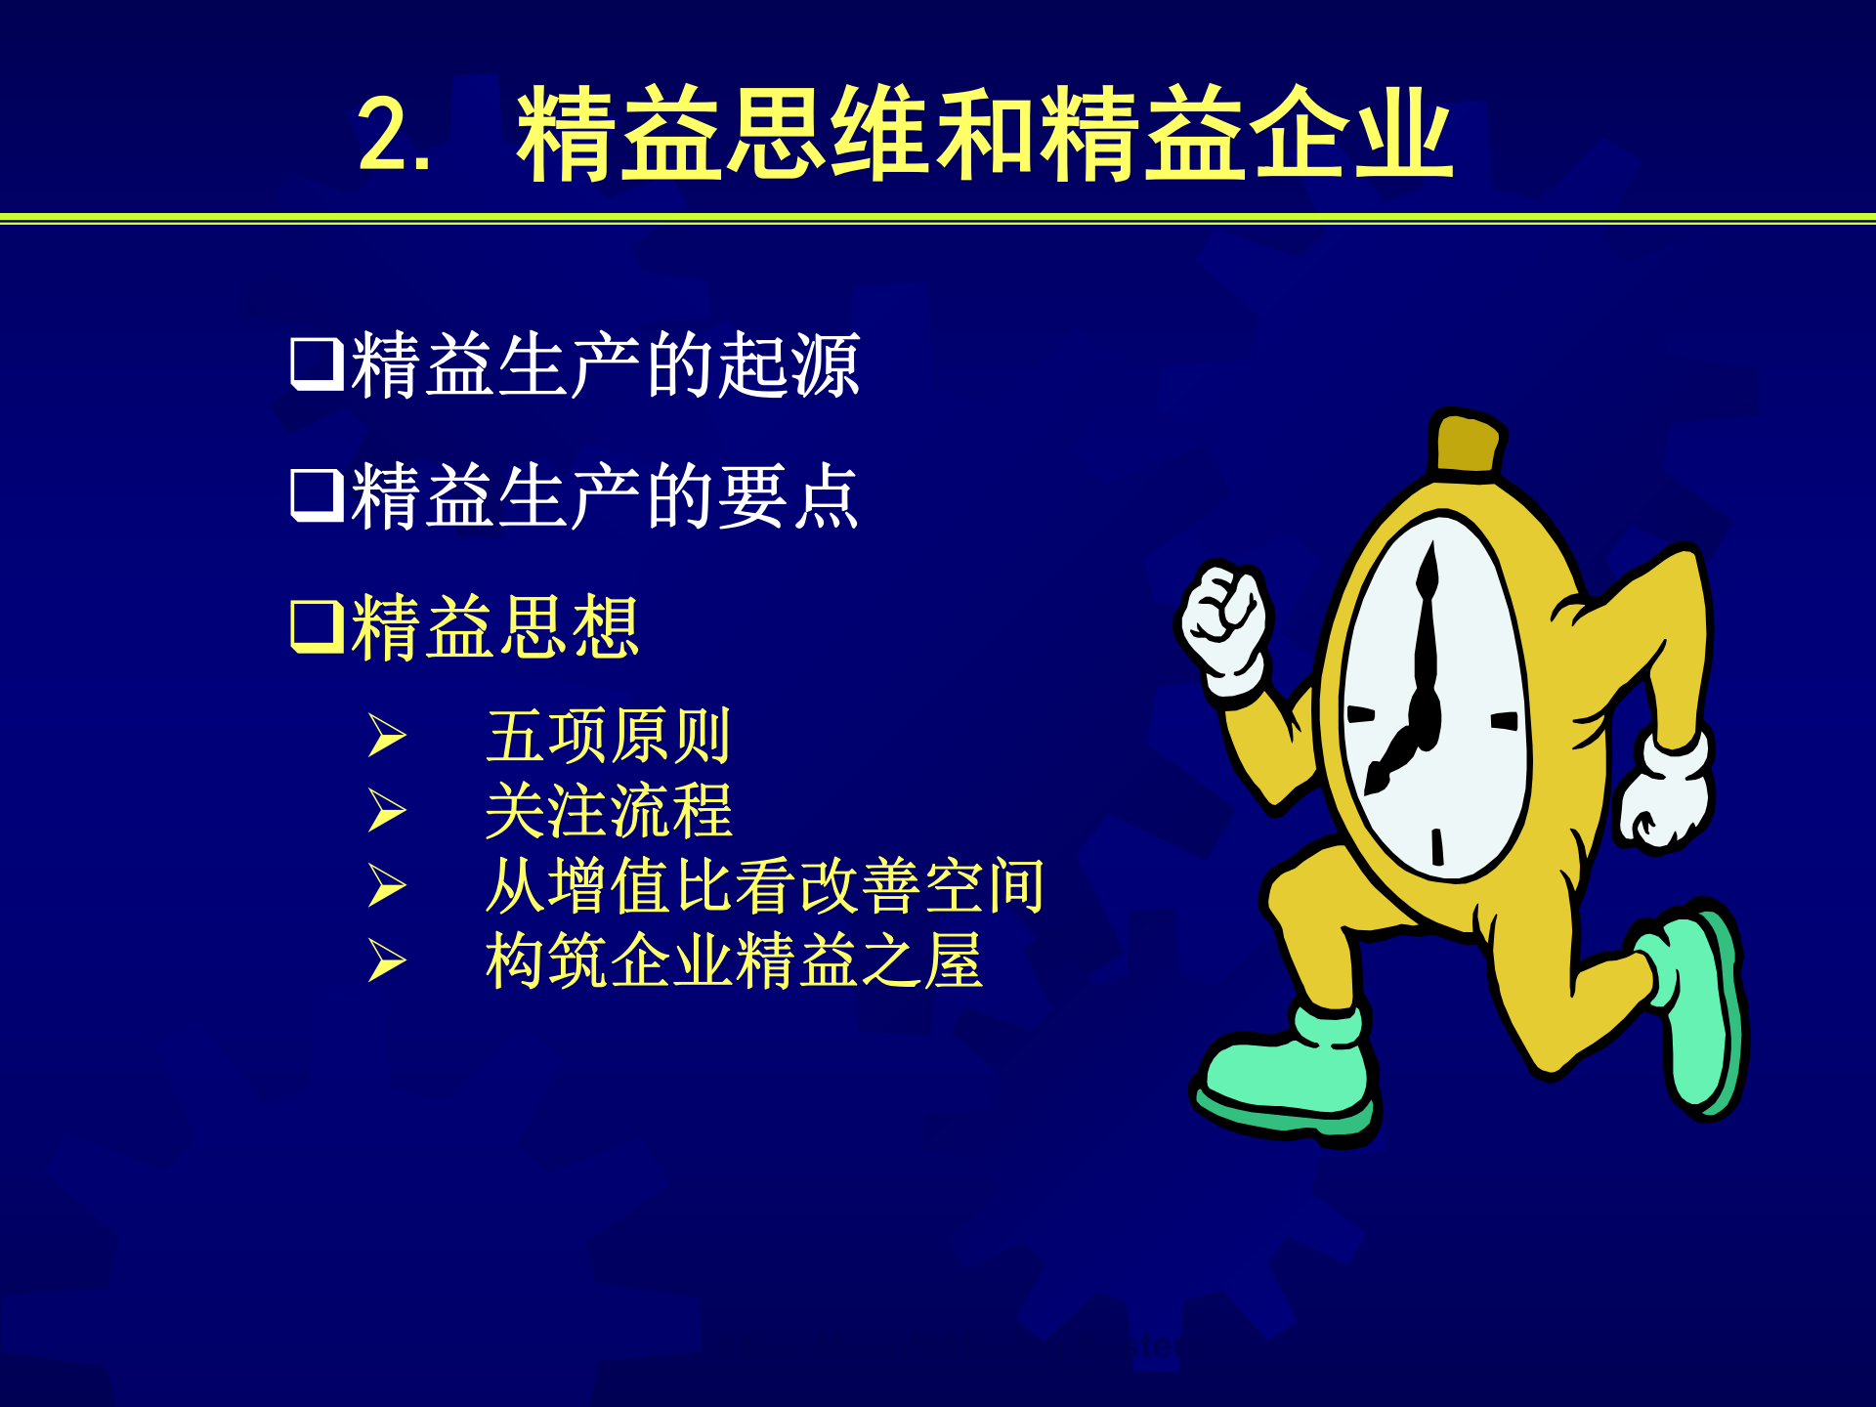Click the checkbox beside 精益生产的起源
pos(317,363)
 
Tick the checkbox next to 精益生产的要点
pos(317,494)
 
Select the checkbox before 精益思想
pos(317,625)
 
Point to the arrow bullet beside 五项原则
pos(387,736)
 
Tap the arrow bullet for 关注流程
pos(387,811)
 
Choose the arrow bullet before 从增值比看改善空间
pos(387,885)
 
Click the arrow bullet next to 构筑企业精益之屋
pos(387,960)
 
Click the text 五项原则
pos(608,736)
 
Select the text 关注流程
pos(608,811)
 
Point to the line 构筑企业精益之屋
pos(733,960)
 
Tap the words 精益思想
pos(494,626)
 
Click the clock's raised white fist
pos(1222,620)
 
